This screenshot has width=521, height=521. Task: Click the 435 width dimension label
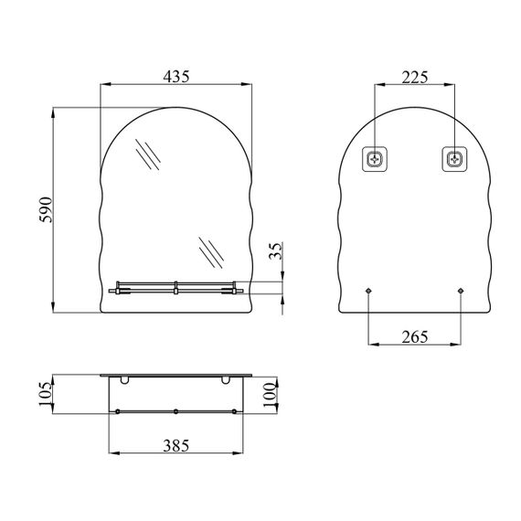pyautogui.click(x=176, y=77)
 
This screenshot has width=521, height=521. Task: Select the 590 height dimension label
pyautogui.click(x=46, y=209)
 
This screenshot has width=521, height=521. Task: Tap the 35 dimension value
pyautogui.click(x=276, y=251)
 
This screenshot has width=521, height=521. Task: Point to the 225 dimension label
pyautogui.click(x=415, y=78)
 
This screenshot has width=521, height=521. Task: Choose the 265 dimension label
pyautogui.click(x=415, y=337)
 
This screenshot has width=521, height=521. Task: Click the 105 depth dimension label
pyautogui.click(x=46, y=394)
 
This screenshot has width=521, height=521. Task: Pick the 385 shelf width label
pyautogui.click(x=176, y=445)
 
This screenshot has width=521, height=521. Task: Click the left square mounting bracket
pyautogui.click(x=375, y=159)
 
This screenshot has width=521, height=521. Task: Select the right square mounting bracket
pyautogui.click(x=454, y=159)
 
